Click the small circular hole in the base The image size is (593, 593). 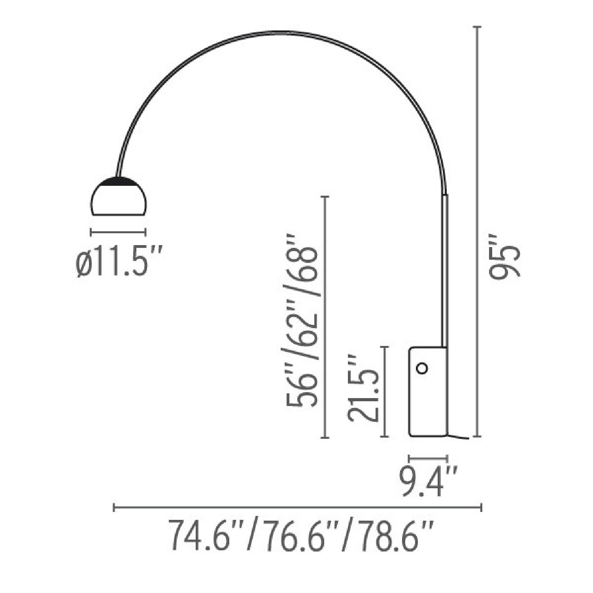coord(422,368)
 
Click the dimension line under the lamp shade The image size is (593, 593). coord(119,232)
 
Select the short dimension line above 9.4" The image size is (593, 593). coord(428,459)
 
